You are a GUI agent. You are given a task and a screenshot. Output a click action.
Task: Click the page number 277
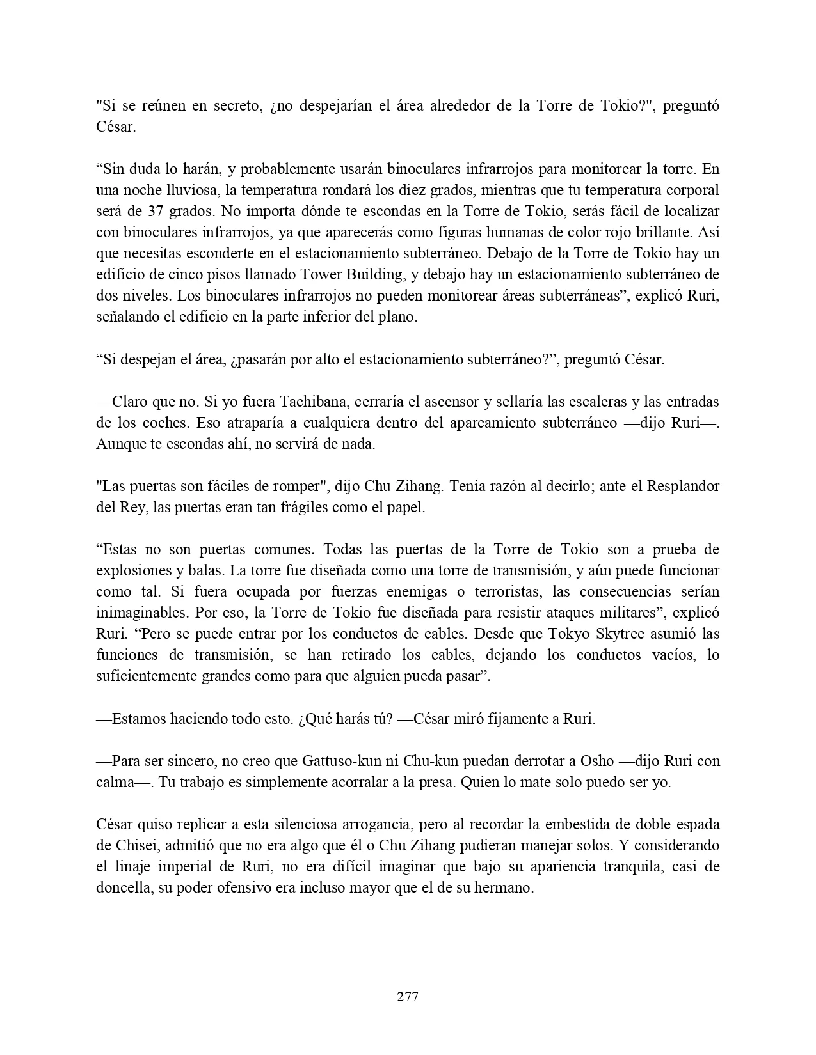[x=408, y=996]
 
